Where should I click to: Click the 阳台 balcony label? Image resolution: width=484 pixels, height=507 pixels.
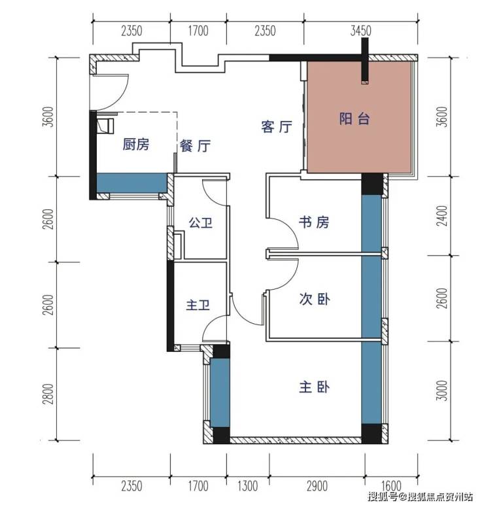354,118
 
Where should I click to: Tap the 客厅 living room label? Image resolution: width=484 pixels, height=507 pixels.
277,126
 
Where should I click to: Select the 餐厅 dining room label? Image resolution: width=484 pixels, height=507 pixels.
195,146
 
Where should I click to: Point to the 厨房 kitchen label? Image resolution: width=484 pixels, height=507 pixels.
136,144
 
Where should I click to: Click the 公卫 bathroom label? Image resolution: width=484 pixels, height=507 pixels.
200,223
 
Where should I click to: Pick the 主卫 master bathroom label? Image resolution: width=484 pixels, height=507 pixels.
198,305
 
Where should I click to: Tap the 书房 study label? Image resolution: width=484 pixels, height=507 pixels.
313,222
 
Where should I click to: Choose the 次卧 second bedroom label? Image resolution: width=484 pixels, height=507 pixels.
314,299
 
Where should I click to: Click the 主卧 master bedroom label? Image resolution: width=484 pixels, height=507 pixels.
314,387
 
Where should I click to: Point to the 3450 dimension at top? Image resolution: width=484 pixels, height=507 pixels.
360,31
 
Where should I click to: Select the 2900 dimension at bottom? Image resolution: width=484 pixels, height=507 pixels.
317,486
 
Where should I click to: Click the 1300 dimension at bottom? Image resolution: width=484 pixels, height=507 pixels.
248,486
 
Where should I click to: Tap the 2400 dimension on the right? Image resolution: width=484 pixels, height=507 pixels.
442,216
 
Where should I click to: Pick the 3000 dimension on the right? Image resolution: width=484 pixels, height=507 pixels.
442,391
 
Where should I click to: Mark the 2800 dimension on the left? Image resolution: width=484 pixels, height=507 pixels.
48,394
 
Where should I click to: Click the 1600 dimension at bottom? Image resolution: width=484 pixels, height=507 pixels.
391,486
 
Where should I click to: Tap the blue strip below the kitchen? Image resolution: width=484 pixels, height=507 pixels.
131,183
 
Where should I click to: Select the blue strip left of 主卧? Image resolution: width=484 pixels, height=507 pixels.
220,393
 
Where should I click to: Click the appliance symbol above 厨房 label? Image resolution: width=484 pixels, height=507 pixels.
105,126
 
